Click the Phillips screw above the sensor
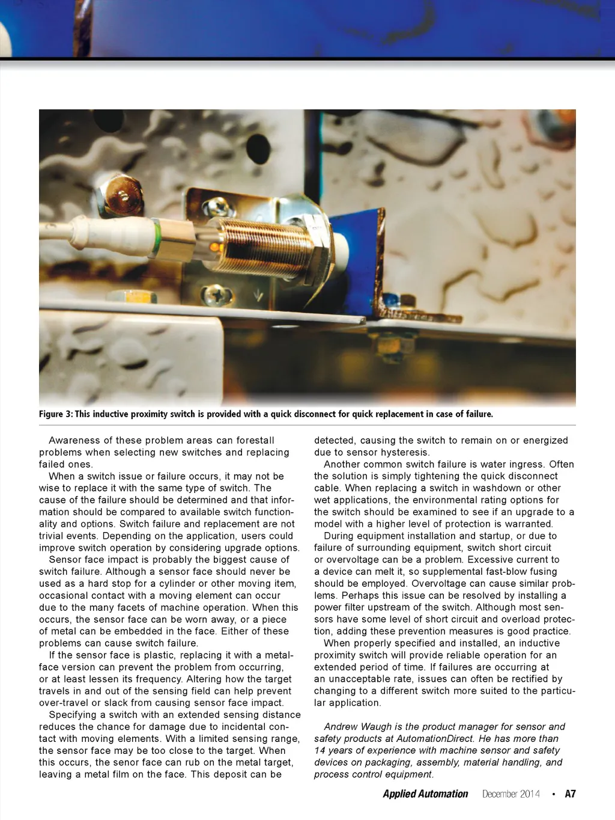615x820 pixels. (x=217, y=207)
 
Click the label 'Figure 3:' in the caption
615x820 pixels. (x=56, y=414)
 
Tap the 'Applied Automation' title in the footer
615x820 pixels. (x=425, y=794)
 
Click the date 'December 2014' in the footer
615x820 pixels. (x=510, y=794)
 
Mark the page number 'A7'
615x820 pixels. (x=570, y=794)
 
